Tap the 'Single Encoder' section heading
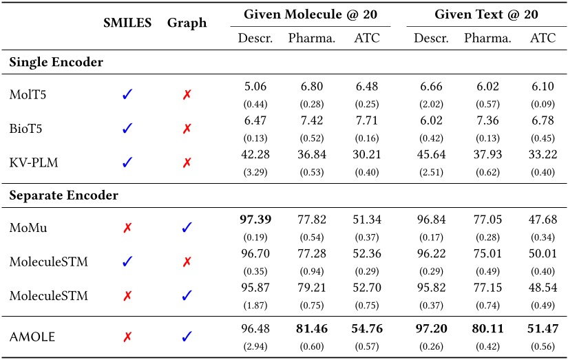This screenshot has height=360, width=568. click(x=56, y=63)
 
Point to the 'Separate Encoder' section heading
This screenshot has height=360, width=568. click(x=63, y=195)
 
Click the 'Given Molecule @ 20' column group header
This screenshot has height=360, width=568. click(x=310, y=14)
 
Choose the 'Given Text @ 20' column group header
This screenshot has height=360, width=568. click(x=486, y=14)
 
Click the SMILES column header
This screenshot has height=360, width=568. click(x=127, y=23)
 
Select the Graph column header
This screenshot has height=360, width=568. click(x=187, y=23)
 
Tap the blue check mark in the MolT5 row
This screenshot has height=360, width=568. click(x=127, y=95)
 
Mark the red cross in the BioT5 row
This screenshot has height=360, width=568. click(x=187, y=128)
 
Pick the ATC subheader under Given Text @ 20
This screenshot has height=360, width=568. click(x=543, y=38)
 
